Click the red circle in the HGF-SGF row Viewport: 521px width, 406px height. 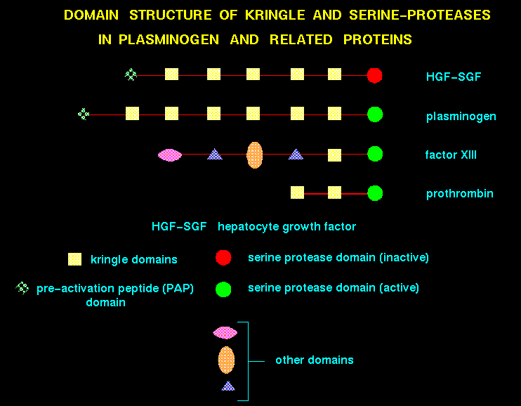click(374, 74)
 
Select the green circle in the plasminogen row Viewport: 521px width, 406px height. click(374, 114)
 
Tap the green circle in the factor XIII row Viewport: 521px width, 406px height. click(374, 154)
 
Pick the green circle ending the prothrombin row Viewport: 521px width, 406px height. click(374, 192)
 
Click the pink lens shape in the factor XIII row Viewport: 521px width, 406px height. click(170, 155)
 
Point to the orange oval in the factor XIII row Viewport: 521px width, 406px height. click(255, 154)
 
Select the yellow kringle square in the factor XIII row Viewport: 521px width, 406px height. click(335, 155)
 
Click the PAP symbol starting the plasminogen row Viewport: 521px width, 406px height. click(84, 114)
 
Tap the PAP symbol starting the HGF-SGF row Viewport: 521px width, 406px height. click(130, 74)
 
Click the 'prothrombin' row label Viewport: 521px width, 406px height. click(459, 193)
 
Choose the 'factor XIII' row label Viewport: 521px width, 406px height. click(451, 155)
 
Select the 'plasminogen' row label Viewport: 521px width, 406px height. click(461, 116)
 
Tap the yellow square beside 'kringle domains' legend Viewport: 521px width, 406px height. click(74, 259)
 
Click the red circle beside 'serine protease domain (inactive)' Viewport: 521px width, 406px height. click(223, 258)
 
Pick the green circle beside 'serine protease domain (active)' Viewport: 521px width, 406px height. click(223, 288)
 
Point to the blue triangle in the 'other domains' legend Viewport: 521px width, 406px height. click(227, 386)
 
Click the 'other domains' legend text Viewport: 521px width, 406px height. click(314, 360)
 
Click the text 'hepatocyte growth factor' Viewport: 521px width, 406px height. click(286, 227)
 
